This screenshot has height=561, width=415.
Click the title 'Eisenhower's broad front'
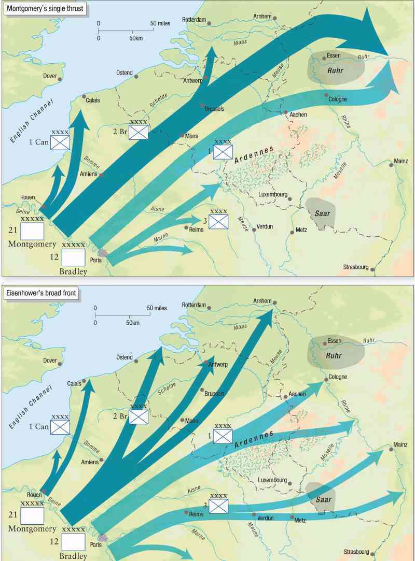(x=41, y=294)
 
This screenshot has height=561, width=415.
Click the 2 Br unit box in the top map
(x=139, y=132)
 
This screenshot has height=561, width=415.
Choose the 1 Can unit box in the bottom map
(x=60, y=427)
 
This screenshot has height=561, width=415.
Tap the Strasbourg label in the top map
(x=355, y=267)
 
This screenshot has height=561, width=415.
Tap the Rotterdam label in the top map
(x=194, y=20)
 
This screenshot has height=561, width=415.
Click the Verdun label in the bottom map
(x=265, y=517)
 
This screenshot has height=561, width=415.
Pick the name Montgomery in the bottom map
(x=32, y=529)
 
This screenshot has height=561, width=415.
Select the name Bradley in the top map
(x=73, y=271)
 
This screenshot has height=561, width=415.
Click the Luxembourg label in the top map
(x=272, y=195)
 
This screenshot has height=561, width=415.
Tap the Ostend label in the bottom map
(x=124, y=357)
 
